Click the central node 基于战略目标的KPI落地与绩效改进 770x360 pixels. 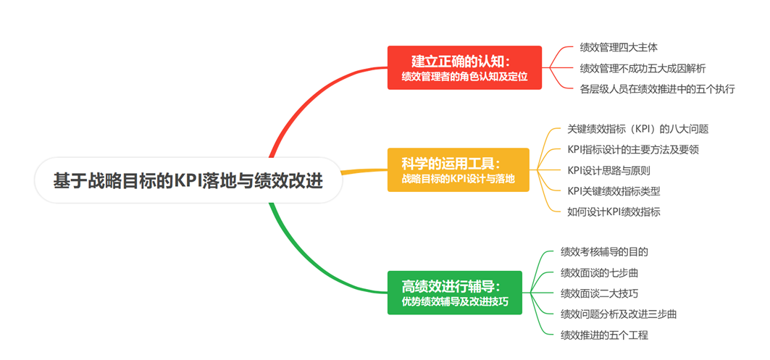click(x=188, y=180)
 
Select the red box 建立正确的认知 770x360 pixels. click(x=464, y=67)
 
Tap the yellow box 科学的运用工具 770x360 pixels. click(x=458, y=169)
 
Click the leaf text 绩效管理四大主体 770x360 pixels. click(x=619, y=48)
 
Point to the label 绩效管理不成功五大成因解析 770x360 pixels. click(x=643, y=69)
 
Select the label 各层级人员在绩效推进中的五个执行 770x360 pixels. click(x=657, y=89)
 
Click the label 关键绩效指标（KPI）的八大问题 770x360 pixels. click(x=637, y=129)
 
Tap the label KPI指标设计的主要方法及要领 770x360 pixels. click(x=632, y=150)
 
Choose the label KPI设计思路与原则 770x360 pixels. click(x=608, y=171)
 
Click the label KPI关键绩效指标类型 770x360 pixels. click(x=614, y=191)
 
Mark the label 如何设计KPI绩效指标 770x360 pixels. click(x=614, y=212)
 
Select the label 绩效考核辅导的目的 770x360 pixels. click(x=604, y=252)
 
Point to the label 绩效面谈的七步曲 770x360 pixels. click(x=599, y=273)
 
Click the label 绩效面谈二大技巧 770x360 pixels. click(x=599, y=293)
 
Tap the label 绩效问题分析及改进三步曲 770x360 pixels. click(x=619, y=314)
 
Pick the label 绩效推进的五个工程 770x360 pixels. click(x=604, y=335)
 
